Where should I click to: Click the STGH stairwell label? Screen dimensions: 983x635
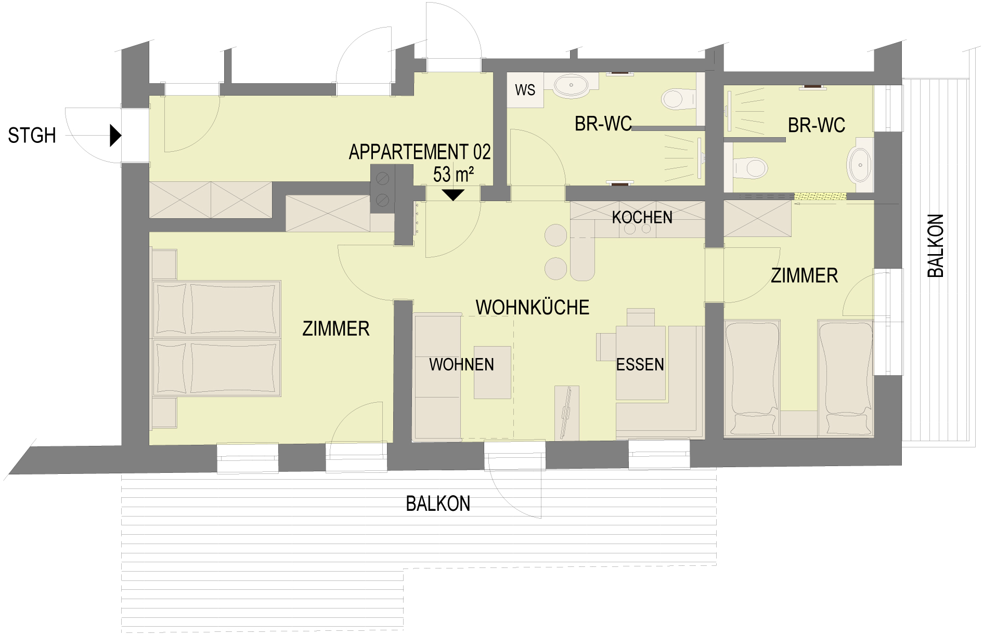[32, 136]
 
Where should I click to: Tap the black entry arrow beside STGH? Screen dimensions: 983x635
[115, 136]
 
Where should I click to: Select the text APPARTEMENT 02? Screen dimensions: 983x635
[420, 152]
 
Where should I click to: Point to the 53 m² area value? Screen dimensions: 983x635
[454, 174]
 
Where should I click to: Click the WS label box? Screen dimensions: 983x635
[525, 90]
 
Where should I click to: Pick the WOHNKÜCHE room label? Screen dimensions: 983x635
[533, 307]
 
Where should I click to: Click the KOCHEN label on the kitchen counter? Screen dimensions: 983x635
[642, 217]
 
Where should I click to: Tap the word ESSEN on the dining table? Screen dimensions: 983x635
[640, 364]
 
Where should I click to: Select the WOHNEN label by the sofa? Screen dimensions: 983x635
[461, 364]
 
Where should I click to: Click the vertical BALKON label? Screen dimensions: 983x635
[935, 246]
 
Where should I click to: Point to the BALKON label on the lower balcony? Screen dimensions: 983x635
[438, 504]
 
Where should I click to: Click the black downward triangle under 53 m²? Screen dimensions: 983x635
[454, 195]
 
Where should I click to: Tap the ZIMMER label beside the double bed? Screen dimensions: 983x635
[336, 328]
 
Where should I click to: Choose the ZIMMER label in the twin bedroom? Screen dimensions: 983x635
[805, 275]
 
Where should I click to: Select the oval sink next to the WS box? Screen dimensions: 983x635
[571, 86]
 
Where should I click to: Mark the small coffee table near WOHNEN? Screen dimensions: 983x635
[493, 373]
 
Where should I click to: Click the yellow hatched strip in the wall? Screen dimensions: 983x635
[820, 196]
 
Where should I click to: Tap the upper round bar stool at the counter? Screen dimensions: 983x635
[556, 235]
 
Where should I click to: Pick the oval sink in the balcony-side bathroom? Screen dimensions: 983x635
[860, 165]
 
